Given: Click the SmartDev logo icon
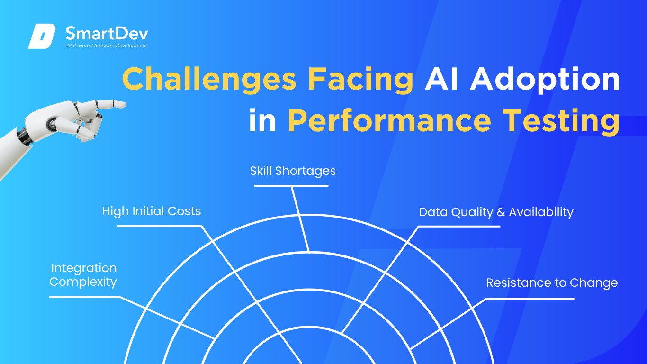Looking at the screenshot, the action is click(42, 36).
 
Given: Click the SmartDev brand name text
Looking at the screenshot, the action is click(107, 34).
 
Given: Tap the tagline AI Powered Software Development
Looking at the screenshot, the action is click(107, 45).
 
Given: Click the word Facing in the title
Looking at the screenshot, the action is click(360, 80).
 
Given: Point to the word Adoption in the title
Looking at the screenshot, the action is click(545, 80).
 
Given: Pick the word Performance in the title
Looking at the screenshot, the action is click(389, 120).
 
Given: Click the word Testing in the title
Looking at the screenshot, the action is click(561, 121).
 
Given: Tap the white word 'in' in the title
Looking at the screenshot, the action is click(262, 120).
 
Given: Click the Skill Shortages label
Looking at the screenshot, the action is click(293, 171).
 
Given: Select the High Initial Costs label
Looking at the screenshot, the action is click(152, 211).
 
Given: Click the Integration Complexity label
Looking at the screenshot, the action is click(83, 275).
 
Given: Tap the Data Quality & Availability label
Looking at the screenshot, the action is click(496, 212).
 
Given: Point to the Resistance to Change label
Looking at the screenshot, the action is click(552, 283).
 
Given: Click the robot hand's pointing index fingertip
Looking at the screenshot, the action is click(123, 104).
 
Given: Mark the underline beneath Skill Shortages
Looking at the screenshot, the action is click(291, 186).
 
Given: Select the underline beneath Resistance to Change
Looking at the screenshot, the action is click(530, 299).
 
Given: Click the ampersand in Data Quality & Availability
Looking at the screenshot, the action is click(501, 212).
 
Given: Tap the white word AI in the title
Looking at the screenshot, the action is click(441, 79).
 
